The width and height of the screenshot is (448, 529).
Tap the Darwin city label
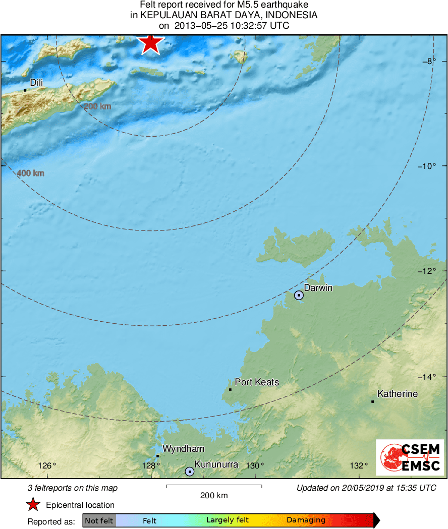pos(318,288)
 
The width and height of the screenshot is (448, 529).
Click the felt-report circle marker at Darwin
pos(299,295)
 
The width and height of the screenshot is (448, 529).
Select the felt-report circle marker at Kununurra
pos(190,472)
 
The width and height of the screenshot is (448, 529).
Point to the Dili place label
pos(36,82)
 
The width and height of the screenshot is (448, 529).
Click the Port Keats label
pos(257,382)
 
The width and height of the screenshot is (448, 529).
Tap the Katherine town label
pos(397,394)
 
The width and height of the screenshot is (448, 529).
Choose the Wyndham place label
pos(183,449)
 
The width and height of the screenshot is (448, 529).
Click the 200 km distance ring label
pos(97,106)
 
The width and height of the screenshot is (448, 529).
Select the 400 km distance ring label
pos(30,173)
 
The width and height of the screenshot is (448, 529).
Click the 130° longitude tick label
pos(255,465)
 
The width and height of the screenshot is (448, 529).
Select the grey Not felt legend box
pos(99,520)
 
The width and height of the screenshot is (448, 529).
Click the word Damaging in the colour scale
pos(306,520)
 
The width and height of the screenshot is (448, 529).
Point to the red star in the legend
pos(33,505)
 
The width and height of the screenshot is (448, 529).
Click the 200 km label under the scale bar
pos(214,495)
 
